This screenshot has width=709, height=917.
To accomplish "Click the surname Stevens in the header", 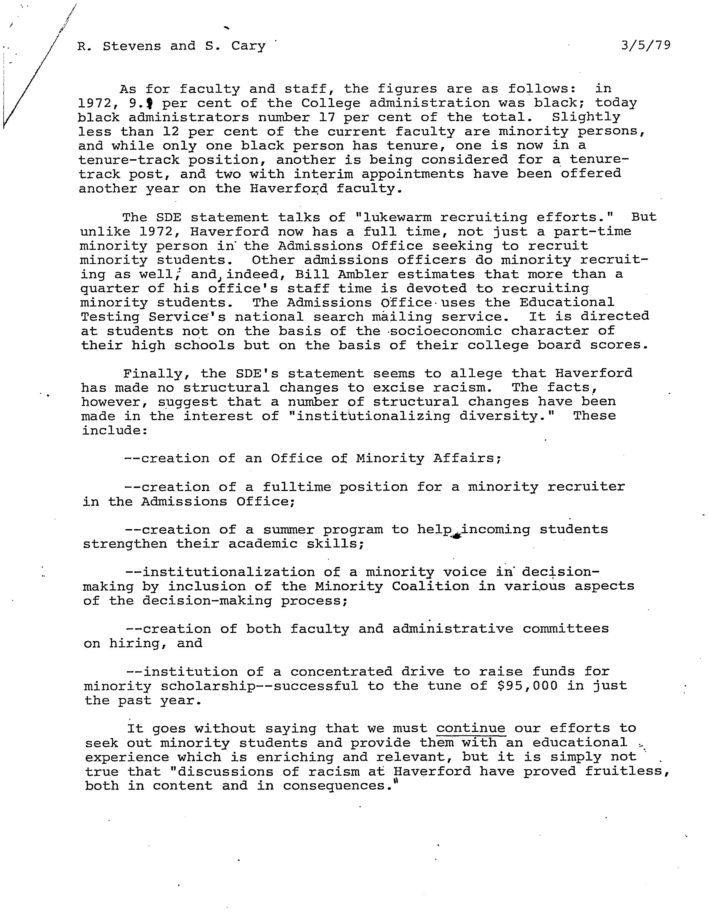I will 132,46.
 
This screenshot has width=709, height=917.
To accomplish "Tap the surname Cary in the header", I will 248,46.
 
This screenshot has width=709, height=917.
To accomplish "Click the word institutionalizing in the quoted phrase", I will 373,416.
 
